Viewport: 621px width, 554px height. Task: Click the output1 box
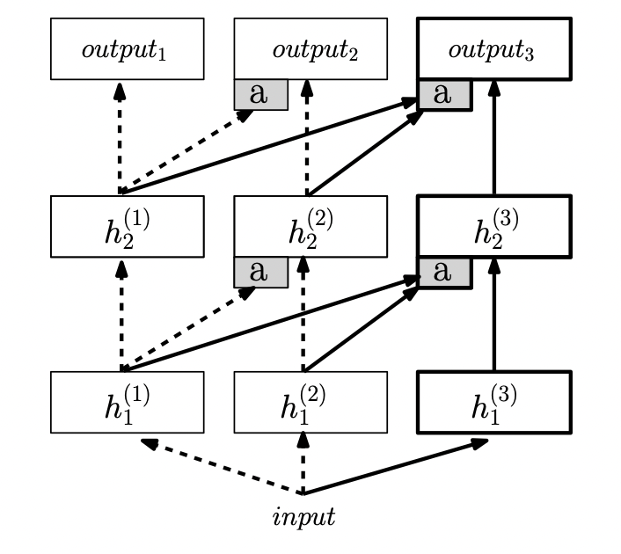point(128,48)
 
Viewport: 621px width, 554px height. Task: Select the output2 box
point(310,48)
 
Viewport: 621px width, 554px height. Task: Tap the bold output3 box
point(494,48)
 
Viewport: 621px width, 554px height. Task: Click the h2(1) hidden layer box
point(128,227)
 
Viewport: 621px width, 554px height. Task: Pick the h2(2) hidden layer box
point(310,227)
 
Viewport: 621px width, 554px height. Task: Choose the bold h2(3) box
point(494,227)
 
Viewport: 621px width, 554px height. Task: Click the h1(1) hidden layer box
point(128,403)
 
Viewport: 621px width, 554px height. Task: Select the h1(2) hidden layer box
point(310,403)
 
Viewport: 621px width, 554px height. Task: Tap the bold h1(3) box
point(494,403)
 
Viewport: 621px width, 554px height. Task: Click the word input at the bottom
point(303,517)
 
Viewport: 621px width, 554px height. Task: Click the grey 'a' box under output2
point(261,95)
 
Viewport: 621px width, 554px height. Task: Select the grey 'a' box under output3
point(445,95)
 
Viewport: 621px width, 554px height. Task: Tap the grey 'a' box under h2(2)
point(261,273)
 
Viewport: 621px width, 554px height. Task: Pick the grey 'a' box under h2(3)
point(445,273)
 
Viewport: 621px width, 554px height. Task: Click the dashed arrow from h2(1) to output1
point(120,138)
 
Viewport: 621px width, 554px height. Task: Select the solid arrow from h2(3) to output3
point(493,137)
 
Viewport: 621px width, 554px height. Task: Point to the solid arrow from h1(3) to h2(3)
point(493,315)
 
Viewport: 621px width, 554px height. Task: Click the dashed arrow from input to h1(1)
point(222,466)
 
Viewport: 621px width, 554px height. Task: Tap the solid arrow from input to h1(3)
point(395,466)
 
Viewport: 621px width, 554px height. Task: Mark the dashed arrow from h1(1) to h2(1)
point(121,316)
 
